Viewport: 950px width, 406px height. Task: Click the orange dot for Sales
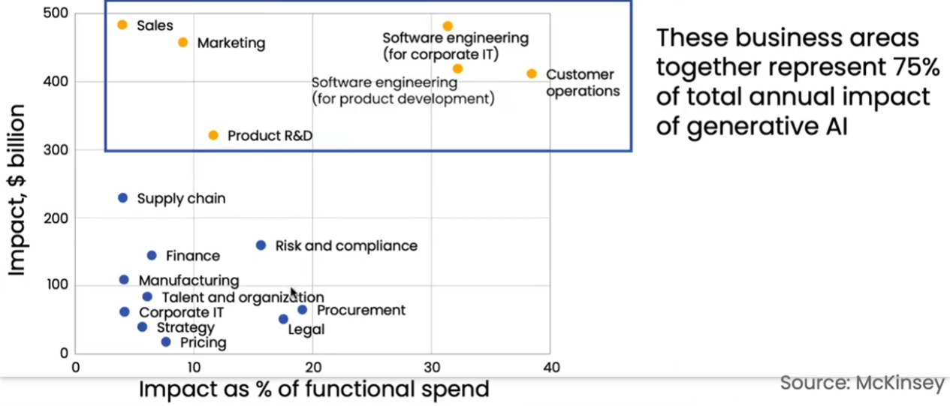click(x=122, y=25)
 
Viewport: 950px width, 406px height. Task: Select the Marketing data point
click(x=182, y=43)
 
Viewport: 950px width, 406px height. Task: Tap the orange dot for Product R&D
click(x=213, y=136)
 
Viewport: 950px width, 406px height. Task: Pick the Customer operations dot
click(x=532, y=74)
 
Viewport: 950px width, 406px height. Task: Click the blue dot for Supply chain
click(x=123, y=198)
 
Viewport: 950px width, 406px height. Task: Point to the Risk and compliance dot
click(x=261, y=245)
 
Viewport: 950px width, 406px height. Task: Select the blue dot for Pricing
click(x=166, y=342)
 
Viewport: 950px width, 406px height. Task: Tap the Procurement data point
click(x=302, y=310)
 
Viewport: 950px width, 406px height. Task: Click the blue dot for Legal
click(x=283, y=319)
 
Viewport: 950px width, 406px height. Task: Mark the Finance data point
click(x=152, y=256)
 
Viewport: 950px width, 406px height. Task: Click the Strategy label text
click(x=185, y=328)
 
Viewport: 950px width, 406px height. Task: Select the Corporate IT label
click(x=182, y=312)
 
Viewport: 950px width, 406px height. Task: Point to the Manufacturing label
click(x=188, y=281)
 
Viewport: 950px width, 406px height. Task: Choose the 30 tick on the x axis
click(x=431, y=368)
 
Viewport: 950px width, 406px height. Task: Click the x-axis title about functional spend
click(x=314, y=389)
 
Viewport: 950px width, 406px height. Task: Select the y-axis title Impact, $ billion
click(x=17, y=191)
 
